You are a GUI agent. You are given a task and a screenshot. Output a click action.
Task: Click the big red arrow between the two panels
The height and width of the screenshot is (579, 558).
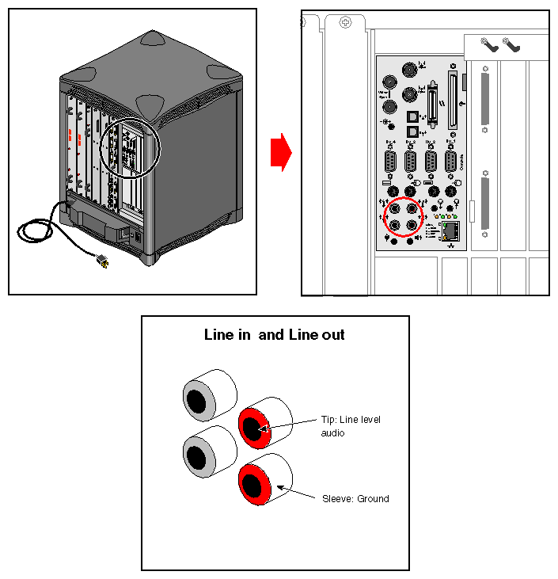pos(281,153)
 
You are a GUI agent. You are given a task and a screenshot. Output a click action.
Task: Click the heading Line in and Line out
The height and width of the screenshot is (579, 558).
pos(275,335)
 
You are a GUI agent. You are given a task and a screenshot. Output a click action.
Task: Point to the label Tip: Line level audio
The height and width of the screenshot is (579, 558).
pos(351,426)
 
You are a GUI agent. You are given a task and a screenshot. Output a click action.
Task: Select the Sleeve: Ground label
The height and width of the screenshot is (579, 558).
pos(355,499)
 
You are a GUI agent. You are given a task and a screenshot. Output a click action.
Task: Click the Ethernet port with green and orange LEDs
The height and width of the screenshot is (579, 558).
pos(451,230)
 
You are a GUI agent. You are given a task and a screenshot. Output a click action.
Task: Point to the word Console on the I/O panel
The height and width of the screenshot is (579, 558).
pos(461,162)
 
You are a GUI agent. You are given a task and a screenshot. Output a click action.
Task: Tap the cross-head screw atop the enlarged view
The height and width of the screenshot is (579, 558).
pos(345,23)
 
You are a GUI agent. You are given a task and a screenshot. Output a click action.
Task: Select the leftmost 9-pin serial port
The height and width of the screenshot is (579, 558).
pos(391,162)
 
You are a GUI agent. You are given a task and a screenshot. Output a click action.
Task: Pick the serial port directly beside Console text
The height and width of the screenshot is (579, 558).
pos(450,162)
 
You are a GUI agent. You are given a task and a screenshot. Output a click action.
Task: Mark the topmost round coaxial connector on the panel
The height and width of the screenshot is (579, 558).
pos(409,70)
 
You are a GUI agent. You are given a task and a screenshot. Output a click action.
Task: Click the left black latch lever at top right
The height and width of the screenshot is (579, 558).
pos(488,46)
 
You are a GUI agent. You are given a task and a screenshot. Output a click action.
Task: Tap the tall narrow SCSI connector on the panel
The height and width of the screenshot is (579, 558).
pos(453,101)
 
